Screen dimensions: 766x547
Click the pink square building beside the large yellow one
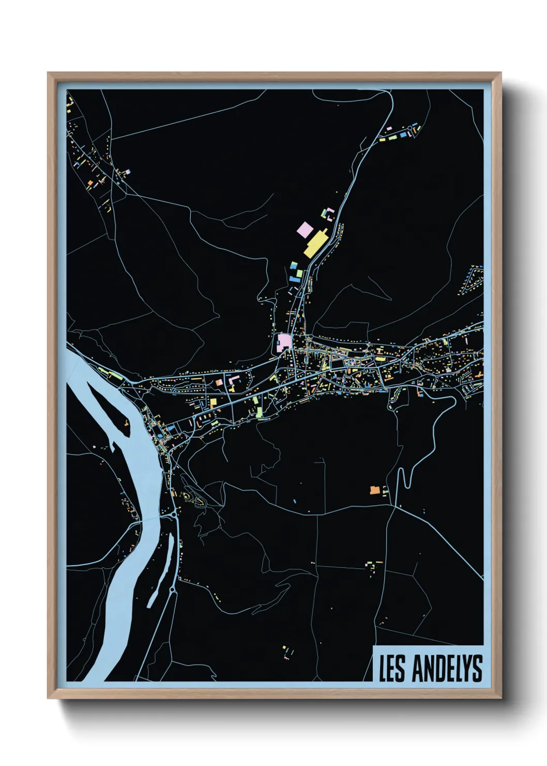tap(304, 228)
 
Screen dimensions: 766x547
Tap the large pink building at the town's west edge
tap(283, 342)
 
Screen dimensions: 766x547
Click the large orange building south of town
tap(375, 489)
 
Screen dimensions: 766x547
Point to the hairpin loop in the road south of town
tap(406, 479)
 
